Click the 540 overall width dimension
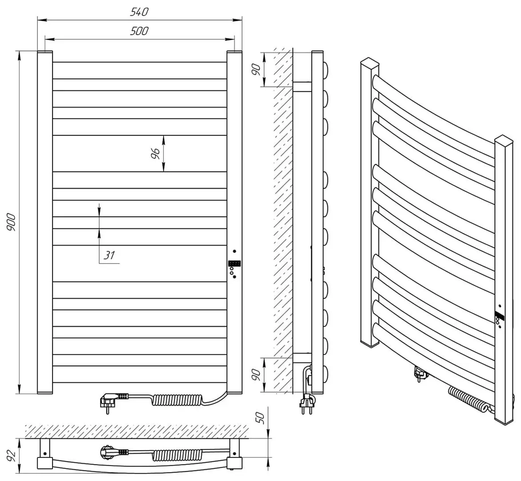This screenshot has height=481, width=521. (x=139, y=12)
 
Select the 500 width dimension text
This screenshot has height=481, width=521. (x=139, y=31)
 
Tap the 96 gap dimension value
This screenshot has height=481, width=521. (x=155, y=154)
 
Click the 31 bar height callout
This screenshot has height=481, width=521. (x=109, y=255)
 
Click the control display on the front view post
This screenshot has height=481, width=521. (x=234, y=263)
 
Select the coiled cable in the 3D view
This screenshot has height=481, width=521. (x=467, y=398)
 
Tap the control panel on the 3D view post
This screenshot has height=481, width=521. (x=499, y=318)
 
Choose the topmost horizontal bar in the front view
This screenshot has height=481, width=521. (x=140, y=70)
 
